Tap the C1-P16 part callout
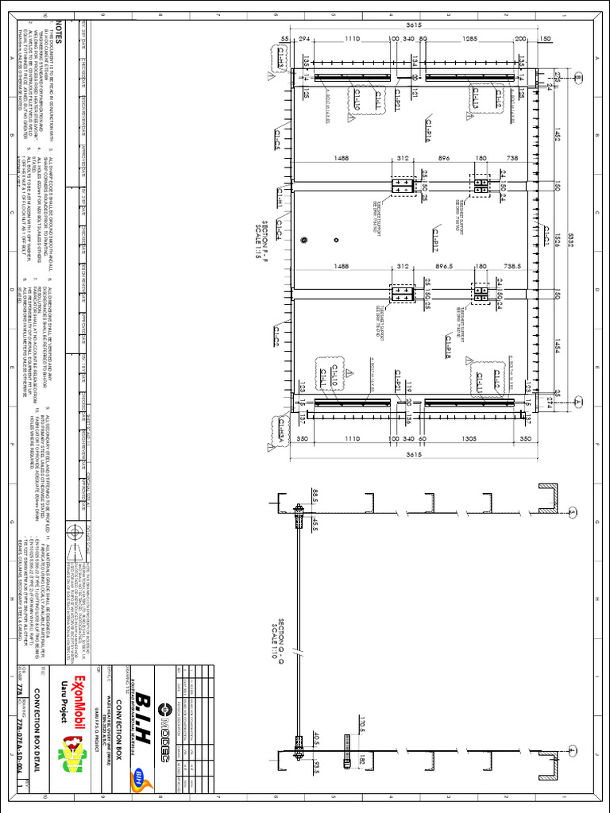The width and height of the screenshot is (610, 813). tap(427, 134)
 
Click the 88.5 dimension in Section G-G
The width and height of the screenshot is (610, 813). tap(315, 495)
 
